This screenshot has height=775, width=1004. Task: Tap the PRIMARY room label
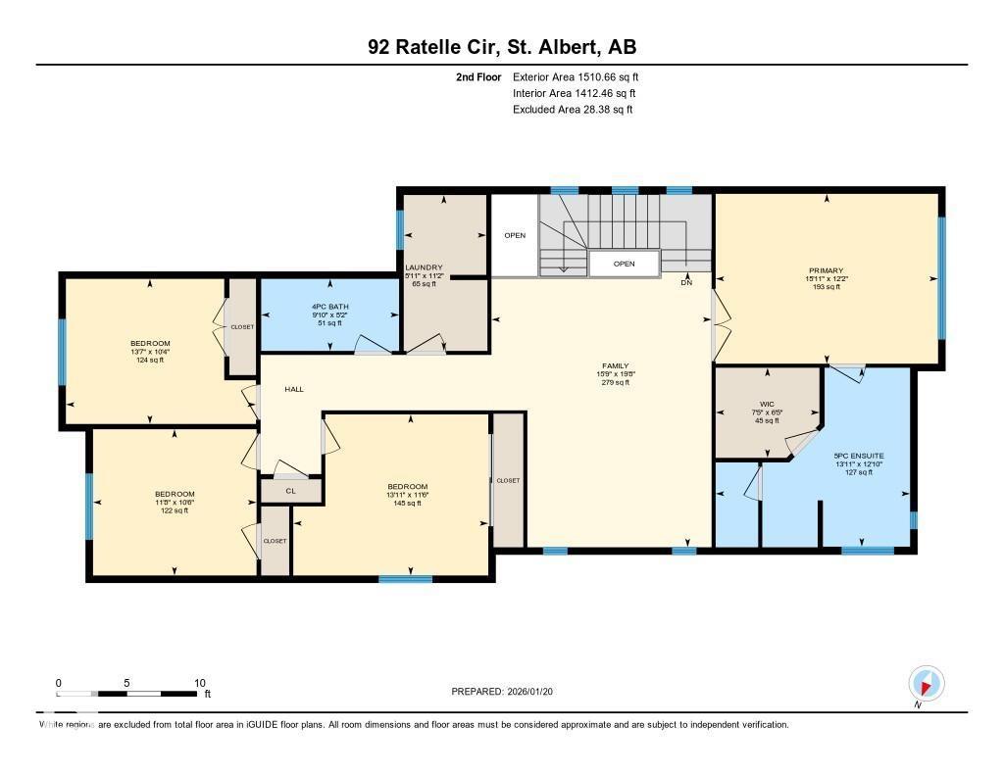(826, 270)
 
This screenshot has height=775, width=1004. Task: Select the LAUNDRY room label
(425, 267)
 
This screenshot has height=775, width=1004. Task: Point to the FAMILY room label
(615, 365)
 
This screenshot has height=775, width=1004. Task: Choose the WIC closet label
(766, 403)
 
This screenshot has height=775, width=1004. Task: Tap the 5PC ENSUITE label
(858, 456)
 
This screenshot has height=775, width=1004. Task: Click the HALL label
(293, 389)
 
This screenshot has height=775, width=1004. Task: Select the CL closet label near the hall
(290, 491)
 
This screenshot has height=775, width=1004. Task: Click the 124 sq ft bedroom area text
(149, 360)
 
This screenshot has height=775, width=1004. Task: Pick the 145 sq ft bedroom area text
(407, 504)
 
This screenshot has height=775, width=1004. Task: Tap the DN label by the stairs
(685, 283)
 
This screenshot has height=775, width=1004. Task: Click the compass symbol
(925, 683)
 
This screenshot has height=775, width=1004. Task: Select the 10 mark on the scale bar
(199, 683)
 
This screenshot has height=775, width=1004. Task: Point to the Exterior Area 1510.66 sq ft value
(576, 76)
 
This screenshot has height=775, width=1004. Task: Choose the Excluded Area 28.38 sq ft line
(573, 110)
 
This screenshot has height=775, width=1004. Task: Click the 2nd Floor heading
(478, 76)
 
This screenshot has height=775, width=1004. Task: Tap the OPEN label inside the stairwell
(624, 264)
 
